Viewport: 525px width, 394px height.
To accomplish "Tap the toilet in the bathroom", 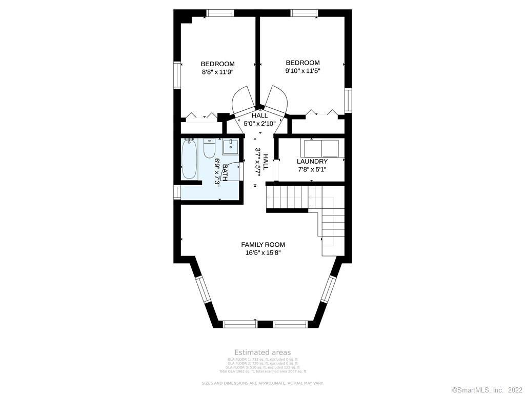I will tap(209, 148).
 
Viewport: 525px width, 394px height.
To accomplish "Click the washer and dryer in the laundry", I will tap(321, 148).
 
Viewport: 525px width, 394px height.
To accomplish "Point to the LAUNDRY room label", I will tap(312, 161).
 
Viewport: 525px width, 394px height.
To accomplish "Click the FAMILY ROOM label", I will tap(263, 245).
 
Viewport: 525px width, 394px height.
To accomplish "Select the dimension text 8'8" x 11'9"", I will tap(218, 72).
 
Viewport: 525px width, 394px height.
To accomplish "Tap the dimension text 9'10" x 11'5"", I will tap(302, 71).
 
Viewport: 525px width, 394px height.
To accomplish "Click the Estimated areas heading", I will tap(262, 352).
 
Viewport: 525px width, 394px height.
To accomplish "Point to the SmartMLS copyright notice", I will tap(487, 390).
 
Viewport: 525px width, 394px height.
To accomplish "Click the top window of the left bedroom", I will tap(220, 13).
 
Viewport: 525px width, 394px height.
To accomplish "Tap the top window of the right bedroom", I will tap(304, 13).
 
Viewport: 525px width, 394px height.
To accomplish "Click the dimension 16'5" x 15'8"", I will tap(263, 253).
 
